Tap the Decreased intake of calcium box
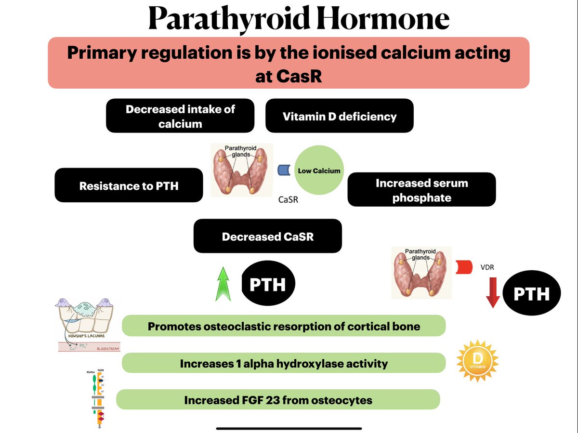[x=180, y=116]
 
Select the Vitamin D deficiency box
[x=339, y=116]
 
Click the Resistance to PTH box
[x=129, y=185]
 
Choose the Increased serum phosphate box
[x=421, y=190]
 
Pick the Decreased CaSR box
[x=267, y=236]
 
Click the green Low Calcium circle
[x=319, y=171]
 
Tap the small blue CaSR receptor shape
[x=284, y=170]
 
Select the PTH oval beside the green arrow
[x=267, y=284]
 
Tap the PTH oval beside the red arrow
[x=532, y=293]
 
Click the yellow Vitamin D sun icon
[x=477, y=361]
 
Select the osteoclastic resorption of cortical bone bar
[x=283, y=326]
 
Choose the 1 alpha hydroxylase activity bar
[x=283, y=363]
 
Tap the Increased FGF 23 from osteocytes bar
[x=278, y=400]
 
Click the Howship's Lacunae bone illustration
[x=87, y=325]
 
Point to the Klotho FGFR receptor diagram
[x=98, y=397]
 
